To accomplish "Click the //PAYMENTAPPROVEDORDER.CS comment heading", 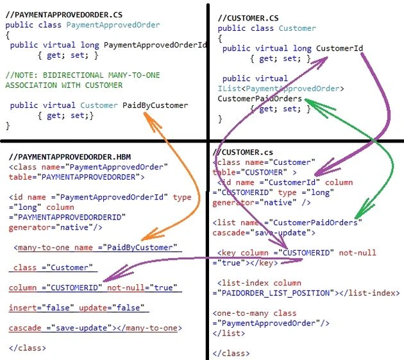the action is coord(64,15).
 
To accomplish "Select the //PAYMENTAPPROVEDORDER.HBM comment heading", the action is coord(70,157).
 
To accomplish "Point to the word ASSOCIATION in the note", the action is coord(31,85).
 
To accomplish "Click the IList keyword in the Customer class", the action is coord(230,89).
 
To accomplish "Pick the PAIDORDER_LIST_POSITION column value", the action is coord(276,293).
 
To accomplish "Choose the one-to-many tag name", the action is coord(242,313).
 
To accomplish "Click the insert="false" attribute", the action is coord(41,307).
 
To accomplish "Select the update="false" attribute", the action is coord(112,307).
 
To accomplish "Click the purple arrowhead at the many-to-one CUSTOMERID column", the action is coord(116,274).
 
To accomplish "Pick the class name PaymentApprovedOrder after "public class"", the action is coord(113,25).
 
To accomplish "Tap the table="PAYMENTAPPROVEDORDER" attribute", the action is coord(77,177).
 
